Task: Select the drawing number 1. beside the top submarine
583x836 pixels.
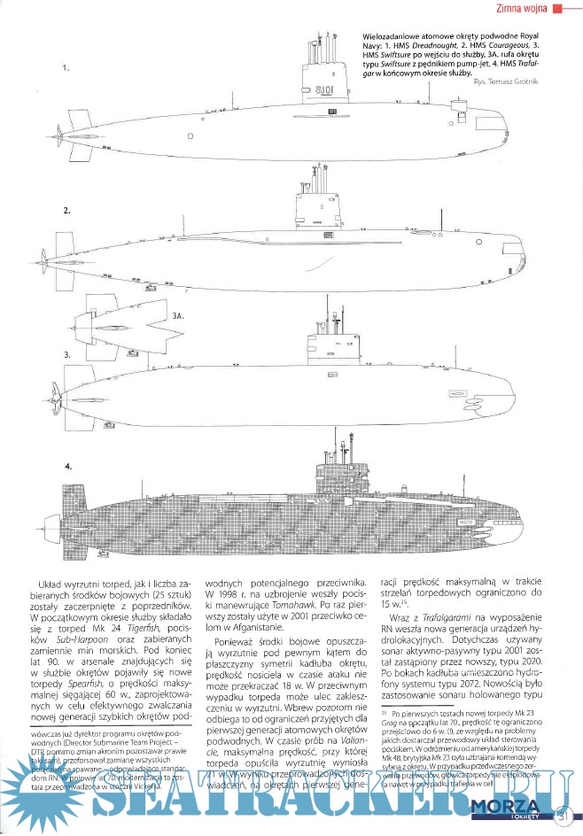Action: click(x=66, y=67)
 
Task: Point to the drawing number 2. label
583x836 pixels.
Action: click(x=66, y=212)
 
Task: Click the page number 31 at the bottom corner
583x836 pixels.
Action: click(x=560, y=816)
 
